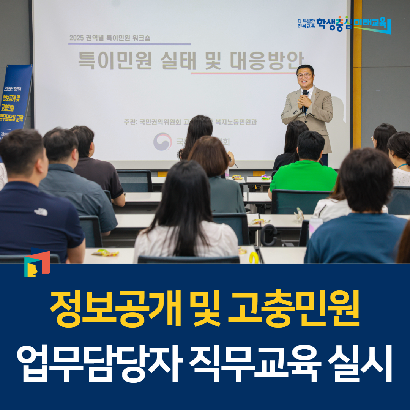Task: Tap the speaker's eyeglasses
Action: (x=305, y=76)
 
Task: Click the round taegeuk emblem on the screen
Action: (x=163, y=142)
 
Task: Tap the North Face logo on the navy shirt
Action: (x=41, y=211)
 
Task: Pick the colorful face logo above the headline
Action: (x=37, y=262)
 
